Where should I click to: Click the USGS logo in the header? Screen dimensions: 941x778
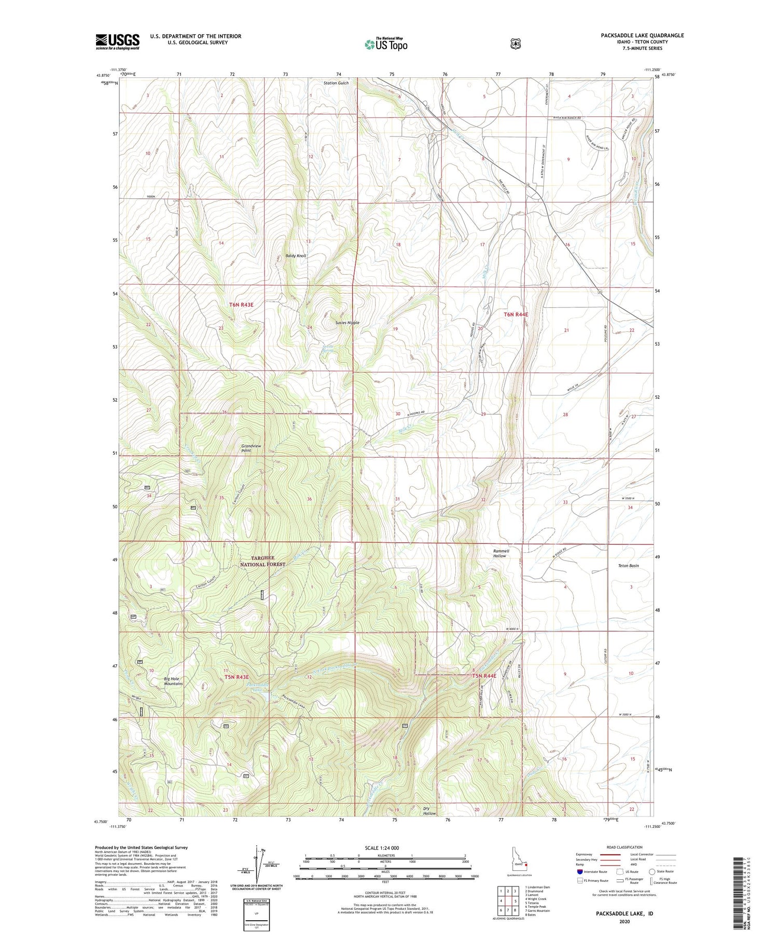pyautogui.click(x=117, y=42)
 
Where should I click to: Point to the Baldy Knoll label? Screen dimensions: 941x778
pyautogui.click(x=296, y=256)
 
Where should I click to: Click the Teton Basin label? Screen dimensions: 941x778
pyautogui.click(x=628, y=565)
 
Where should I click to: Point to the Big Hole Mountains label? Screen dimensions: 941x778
pyautogui.click(x=173, y=681)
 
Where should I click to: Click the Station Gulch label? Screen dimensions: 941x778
pyautogui.click(x=336, y=83)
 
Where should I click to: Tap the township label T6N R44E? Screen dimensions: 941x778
pyautogui.click(x=516, y=315)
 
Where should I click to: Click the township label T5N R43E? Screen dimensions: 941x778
pyautogui.click(x=237, y=677)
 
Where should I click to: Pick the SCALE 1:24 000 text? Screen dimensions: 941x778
pyautogui.click(x=385, y=848)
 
